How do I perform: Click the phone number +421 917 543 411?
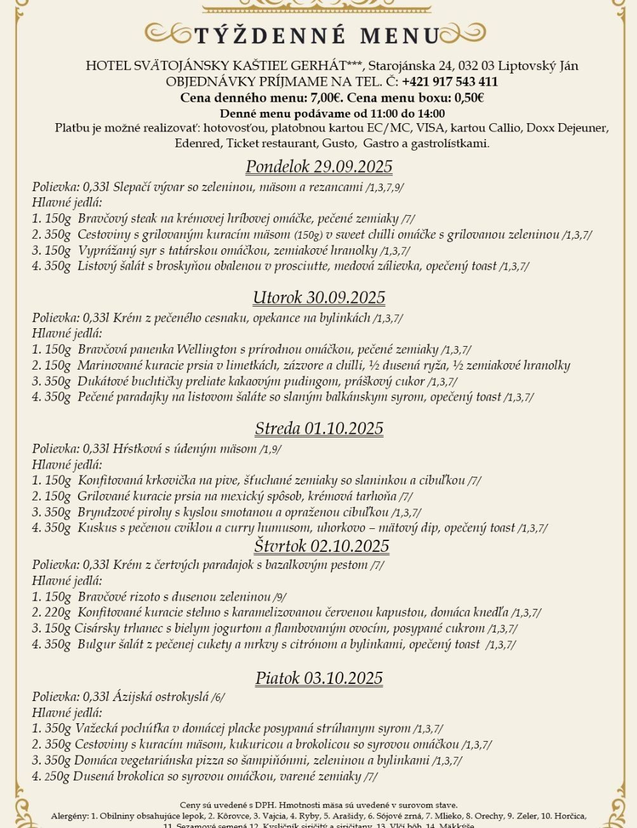pyautogui.click(x=450, y=82)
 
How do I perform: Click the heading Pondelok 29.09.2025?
pyautogui.click(x=319, y=167)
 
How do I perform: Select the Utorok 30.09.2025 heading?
pyautogui.click(x=319, y=298)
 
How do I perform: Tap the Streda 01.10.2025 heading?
pyautogui.click(x=319, y=429)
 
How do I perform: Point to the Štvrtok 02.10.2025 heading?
pyautogui.click(x=322, y=546)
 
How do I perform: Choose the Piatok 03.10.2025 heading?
pyautogui.click(x=319, y=678)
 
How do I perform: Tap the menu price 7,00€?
pyautogui.click(x=326, y=98)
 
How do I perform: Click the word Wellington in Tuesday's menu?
pyautogui.click(x=209, y=349)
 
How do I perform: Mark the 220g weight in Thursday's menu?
pyautogui.click(x=58, y=613)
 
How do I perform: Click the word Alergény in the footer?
pyautogui.click(x=69, y=816)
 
